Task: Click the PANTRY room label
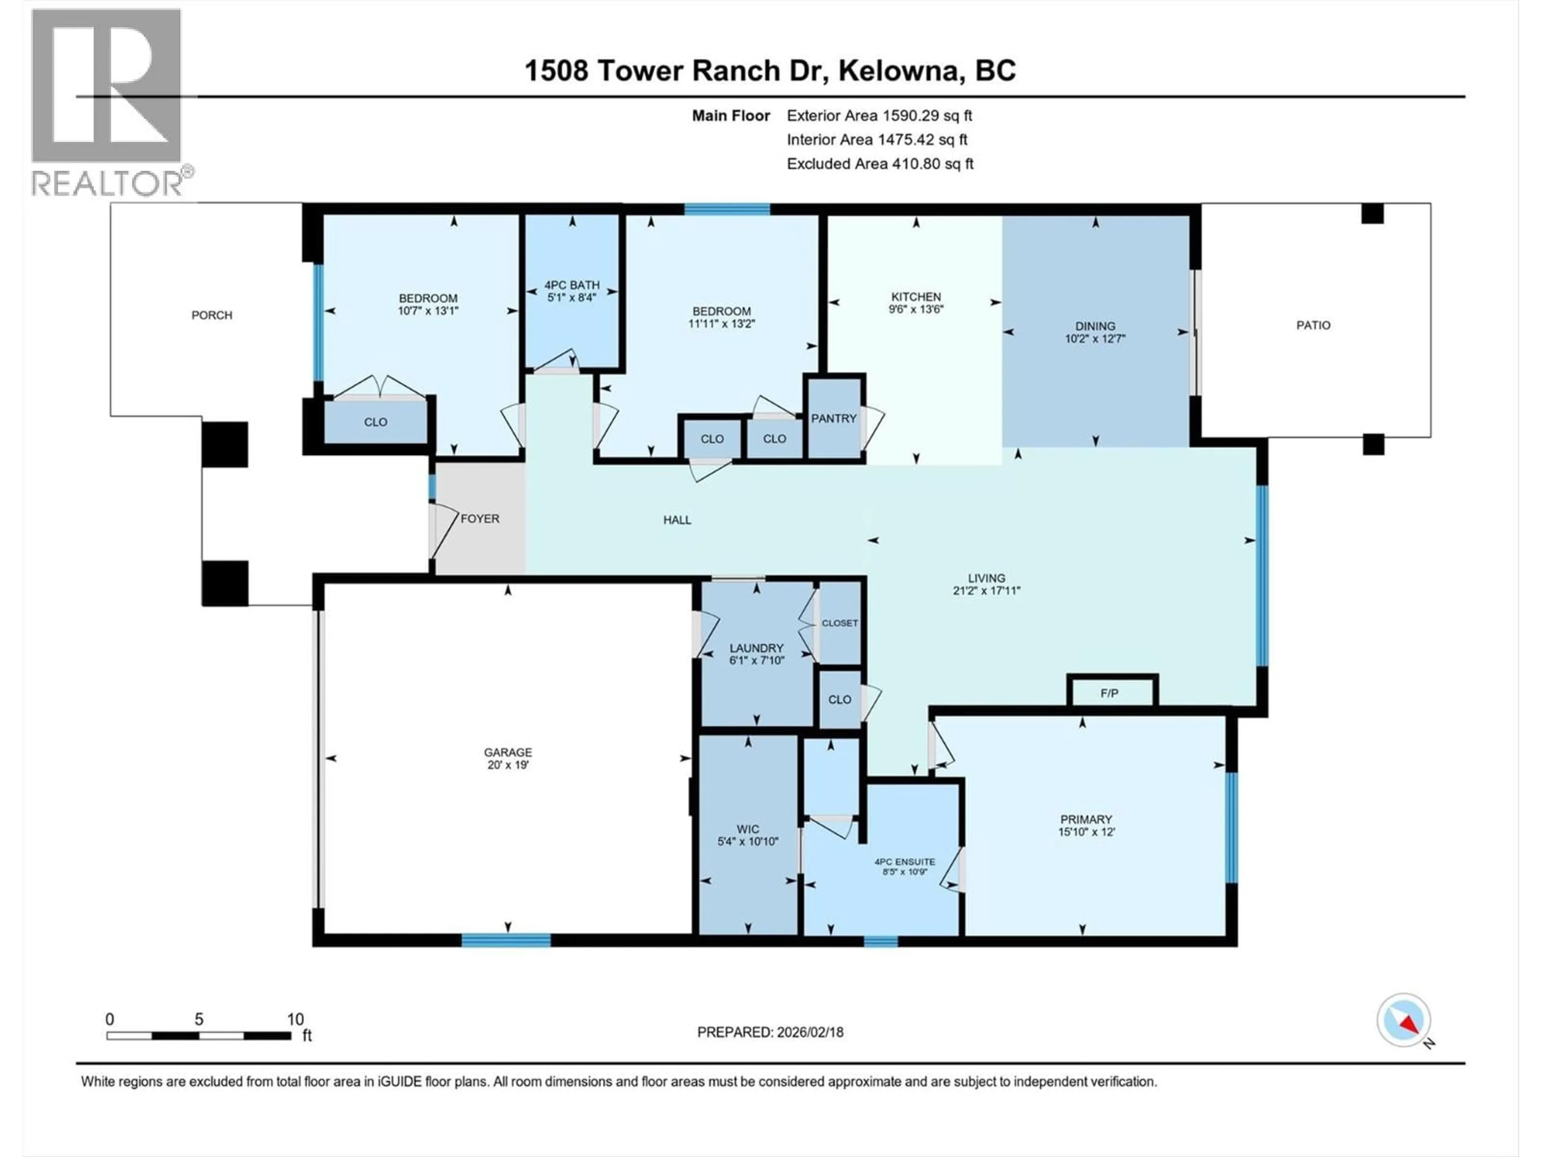coord(833,419)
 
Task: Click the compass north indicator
coord(1404,1020)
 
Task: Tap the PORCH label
coord(212,315)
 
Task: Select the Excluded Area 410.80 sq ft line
coord(880,164)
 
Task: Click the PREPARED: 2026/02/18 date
coord(770,1032)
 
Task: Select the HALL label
coord(677,519)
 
